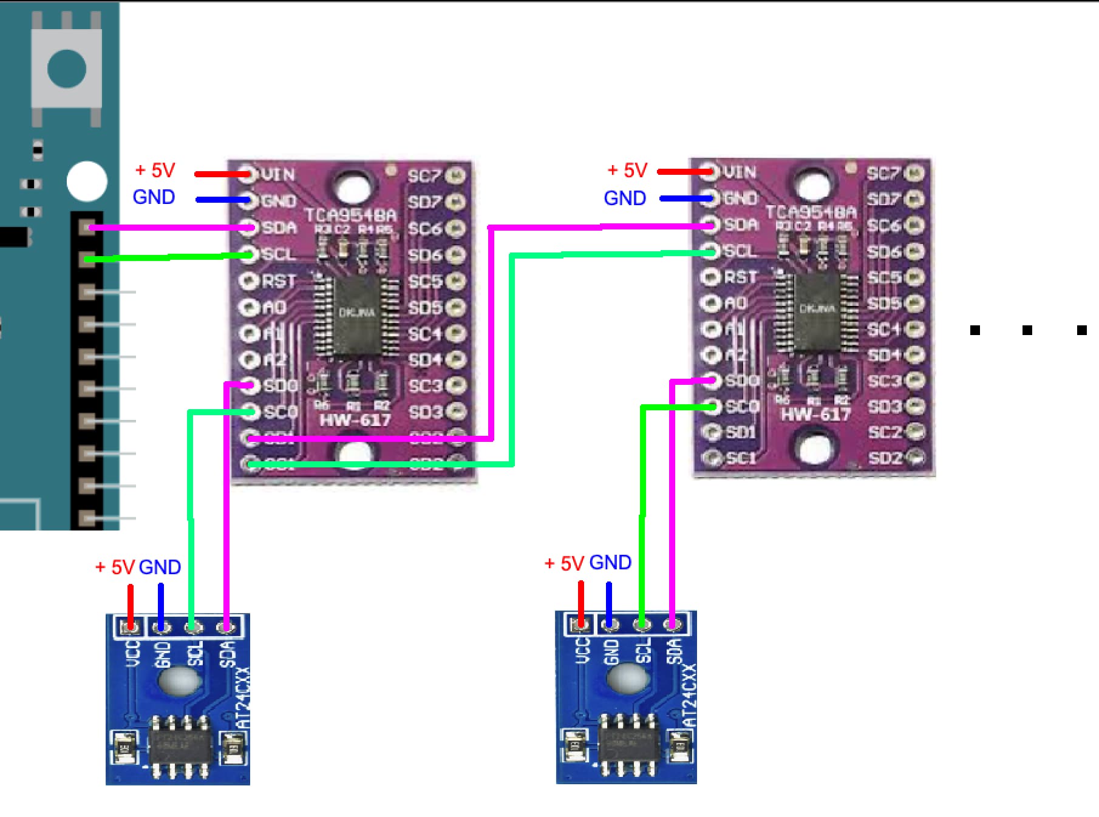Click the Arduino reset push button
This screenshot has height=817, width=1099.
coord(66,67)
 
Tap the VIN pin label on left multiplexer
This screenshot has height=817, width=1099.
coord(278,175)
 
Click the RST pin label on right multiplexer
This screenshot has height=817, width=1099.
coord(741,277)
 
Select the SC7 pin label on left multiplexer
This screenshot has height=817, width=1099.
coord(423,176)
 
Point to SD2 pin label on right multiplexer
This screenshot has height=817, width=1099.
coord(885,458)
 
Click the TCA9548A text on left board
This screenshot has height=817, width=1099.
coord(350,215)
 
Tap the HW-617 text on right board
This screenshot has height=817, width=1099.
coord(815,415)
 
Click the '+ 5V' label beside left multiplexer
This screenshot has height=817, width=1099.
coord(155,171)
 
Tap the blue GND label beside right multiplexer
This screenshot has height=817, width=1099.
coord(625,198)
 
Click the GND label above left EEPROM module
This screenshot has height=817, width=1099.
coord(160,567)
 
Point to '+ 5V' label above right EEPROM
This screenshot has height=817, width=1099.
coord(564,563)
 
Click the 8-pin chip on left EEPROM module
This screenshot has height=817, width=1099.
coord(180,747)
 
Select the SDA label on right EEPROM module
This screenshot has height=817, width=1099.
coord(675,651)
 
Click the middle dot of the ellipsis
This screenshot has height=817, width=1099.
coord(1027,330)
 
